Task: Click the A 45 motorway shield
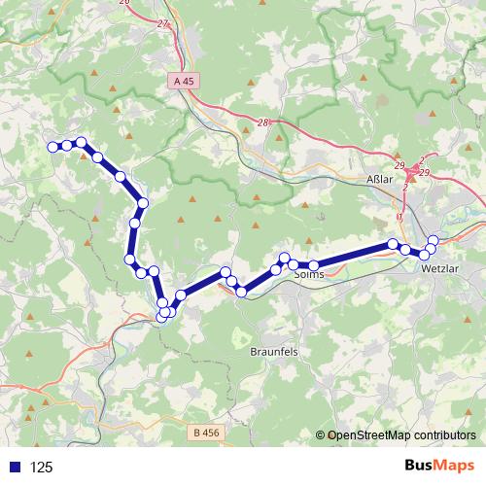pyautogui.click(x=185, y=83)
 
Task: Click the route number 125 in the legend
pyautogui.click(x=42, y=468)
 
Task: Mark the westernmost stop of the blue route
pyautogui.click(x=52, y=147)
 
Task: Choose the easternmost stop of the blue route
pyautogui.click(x=434, y=240)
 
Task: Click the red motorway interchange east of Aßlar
pyautogui.click(x=414, y=172)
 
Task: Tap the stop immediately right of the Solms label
pyautogui.click(x=314, y=265)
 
